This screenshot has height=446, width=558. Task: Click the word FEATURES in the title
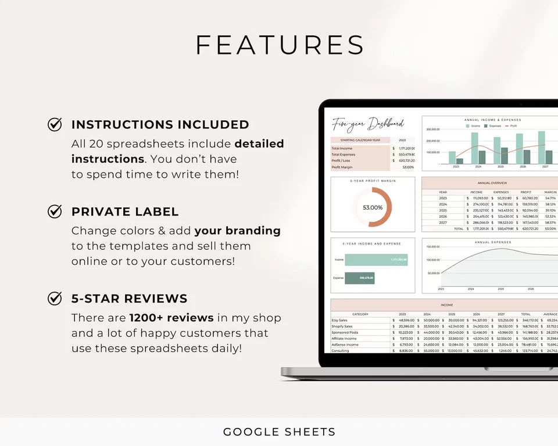click(x=280, y=45)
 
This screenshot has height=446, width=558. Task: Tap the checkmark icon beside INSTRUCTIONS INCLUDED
click(x=55, y=124)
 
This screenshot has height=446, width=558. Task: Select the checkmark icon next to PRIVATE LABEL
click(x=55, y=211)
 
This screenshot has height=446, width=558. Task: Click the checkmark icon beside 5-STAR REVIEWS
click(x=55, y=298)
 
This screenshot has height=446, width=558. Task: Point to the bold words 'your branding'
click(x=237, y=231)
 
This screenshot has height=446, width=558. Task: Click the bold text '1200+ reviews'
click(x=171, y=318)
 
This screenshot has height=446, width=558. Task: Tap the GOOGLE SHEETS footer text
click(x=279, y=431)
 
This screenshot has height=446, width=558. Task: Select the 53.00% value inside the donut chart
click(x=373, y=207)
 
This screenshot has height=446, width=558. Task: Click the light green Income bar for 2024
click(x=475, y=148)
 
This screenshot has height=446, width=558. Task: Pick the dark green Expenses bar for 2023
click(x=460, y=161)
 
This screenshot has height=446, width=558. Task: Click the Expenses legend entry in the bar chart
click(x=495, y=125)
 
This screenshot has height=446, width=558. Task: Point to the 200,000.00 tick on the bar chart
click(x=434, y=141)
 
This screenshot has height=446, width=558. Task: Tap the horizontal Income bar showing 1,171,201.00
click(x=376, y=260)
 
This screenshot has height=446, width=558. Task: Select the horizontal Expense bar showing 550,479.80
click(x=360, y=278)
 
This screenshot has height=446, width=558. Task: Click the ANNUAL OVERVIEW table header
click(x=489, y=183)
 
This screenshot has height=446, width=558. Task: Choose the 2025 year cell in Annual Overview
click(x=443, y=210)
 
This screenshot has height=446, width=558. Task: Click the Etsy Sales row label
click(x=341, y=320)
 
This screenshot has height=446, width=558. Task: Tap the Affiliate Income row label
click(x=344, y=338)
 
